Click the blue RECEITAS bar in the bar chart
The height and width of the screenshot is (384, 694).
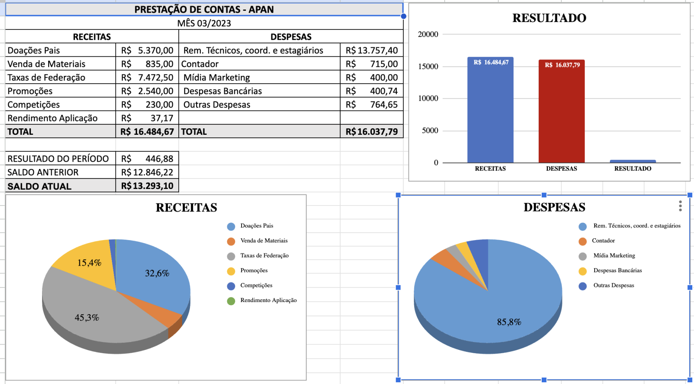490,113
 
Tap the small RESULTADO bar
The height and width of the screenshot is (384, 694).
632,161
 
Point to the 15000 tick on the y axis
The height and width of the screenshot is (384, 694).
428,66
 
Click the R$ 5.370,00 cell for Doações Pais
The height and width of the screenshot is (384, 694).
147,50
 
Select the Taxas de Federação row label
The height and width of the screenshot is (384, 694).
46,78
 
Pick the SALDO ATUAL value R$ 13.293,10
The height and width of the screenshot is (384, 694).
147,186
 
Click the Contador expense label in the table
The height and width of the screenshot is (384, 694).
200,64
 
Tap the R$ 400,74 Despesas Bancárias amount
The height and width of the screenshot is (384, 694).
372,91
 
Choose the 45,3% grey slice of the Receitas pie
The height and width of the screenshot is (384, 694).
87,317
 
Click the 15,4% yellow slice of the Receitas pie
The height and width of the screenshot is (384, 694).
89,263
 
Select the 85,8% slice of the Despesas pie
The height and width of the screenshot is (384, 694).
509,322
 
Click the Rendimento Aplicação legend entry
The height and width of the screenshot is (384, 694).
268,300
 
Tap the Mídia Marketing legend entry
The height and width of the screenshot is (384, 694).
614,256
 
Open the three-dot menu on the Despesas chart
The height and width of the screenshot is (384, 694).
680,206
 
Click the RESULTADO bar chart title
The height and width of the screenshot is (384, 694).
549,18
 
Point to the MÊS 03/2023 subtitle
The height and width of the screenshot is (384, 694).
204,23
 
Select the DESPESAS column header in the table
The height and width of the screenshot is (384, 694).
291,37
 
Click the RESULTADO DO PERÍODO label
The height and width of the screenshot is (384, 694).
58,159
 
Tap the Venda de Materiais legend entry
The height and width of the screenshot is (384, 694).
264,241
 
